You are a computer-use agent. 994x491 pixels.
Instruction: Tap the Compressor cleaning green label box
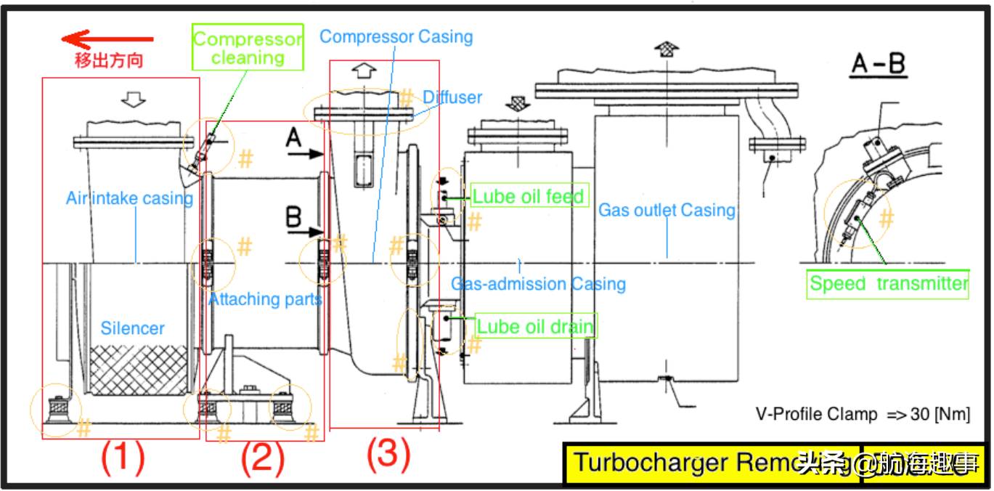[x=248, y=48]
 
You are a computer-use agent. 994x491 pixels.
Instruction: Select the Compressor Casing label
[x=396, y=36]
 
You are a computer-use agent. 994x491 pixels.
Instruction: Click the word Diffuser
[x=452, y=97]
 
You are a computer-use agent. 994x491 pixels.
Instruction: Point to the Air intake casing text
[x=129, y=198]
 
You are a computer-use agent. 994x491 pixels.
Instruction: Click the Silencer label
[x=133, y=328]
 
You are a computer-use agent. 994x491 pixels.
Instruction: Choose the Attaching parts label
[x=265, y=299]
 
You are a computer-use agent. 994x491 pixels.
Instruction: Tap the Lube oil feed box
[x=529, y=196]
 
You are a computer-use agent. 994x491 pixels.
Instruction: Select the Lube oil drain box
[x=535, y=326]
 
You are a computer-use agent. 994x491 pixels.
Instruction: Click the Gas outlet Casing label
[x=667, y=211]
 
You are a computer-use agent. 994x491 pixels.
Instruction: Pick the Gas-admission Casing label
[x=539, y=284]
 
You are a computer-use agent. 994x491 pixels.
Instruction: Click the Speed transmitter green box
[x=889, y=283]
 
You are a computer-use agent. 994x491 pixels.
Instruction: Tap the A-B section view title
[x=878, y=65]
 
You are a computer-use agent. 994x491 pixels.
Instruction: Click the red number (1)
[x=123, y=458]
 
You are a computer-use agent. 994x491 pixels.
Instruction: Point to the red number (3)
[x=387, y=455]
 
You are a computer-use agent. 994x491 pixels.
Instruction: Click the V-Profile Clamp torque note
[x=862, y=415]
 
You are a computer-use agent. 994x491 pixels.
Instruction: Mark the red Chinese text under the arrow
[x=109, y=60]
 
